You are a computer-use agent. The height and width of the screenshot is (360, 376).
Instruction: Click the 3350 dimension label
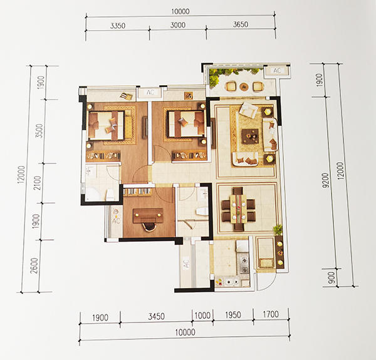pos(118,26)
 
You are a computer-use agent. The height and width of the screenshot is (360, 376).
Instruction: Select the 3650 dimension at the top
pos(241,24)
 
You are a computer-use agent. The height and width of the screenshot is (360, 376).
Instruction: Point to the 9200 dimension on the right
pos(326,180)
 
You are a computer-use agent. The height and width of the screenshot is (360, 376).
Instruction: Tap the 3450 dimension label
pos(156,317)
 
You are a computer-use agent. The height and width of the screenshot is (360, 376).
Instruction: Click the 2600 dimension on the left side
pos(34,265)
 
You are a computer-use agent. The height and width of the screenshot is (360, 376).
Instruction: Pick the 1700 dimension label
pos(271,314)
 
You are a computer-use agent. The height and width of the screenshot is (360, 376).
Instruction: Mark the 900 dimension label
pos(332,278)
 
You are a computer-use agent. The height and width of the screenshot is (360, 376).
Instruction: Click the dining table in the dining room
pos(238,209)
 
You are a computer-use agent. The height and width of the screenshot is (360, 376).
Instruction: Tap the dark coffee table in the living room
pos(250,136)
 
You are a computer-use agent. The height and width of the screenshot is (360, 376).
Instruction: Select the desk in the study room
pos(148,215)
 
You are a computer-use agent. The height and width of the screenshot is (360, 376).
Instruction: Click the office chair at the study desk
pos(149,227)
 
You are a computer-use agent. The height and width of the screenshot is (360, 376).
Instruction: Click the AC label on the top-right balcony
pos(277,71)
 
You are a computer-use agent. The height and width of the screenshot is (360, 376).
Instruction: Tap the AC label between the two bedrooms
pos(150,92)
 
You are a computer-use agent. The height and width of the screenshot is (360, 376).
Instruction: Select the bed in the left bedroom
pos(107,125)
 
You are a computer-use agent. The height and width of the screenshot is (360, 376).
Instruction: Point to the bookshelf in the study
pos(137,192)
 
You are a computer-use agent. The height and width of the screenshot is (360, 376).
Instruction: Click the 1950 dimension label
pos(233,315)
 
